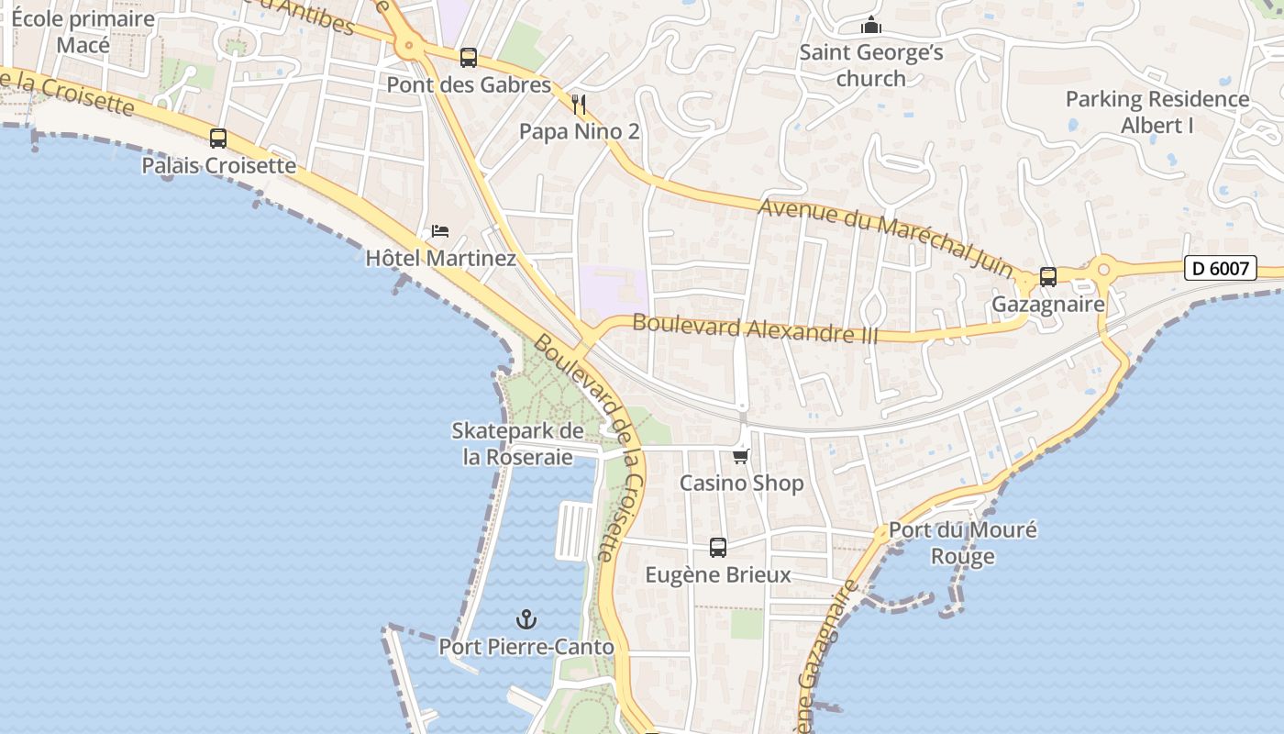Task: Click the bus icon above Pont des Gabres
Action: pos(469,58)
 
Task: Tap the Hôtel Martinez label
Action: pos(440,259)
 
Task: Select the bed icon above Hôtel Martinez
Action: pos(440,230)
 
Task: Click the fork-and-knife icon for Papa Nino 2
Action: pos(578,104)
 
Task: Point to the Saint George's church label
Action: pos(870,65)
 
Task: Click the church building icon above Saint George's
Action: pos(870,25)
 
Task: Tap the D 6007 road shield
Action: pos(1220,268)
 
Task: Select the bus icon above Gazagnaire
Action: pos(1047,276)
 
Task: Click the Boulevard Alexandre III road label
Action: pos(755,328)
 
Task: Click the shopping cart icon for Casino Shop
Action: pos(741,455)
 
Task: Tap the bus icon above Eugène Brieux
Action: pos(718,548)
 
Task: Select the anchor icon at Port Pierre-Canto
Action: pos(526,619)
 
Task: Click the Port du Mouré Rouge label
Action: pos(963,543)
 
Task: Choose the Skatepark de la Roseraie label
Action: pos(518,443)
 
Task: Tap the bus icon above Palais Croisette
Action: pos(218,139)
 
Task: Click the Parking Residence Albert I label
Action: pos(1157,112)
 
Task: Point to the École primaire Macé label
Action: pos(83,32)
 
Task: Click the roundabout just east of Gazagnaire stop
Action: pos(1103,270)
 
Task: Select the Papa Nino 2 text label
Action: pos(579,131)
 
